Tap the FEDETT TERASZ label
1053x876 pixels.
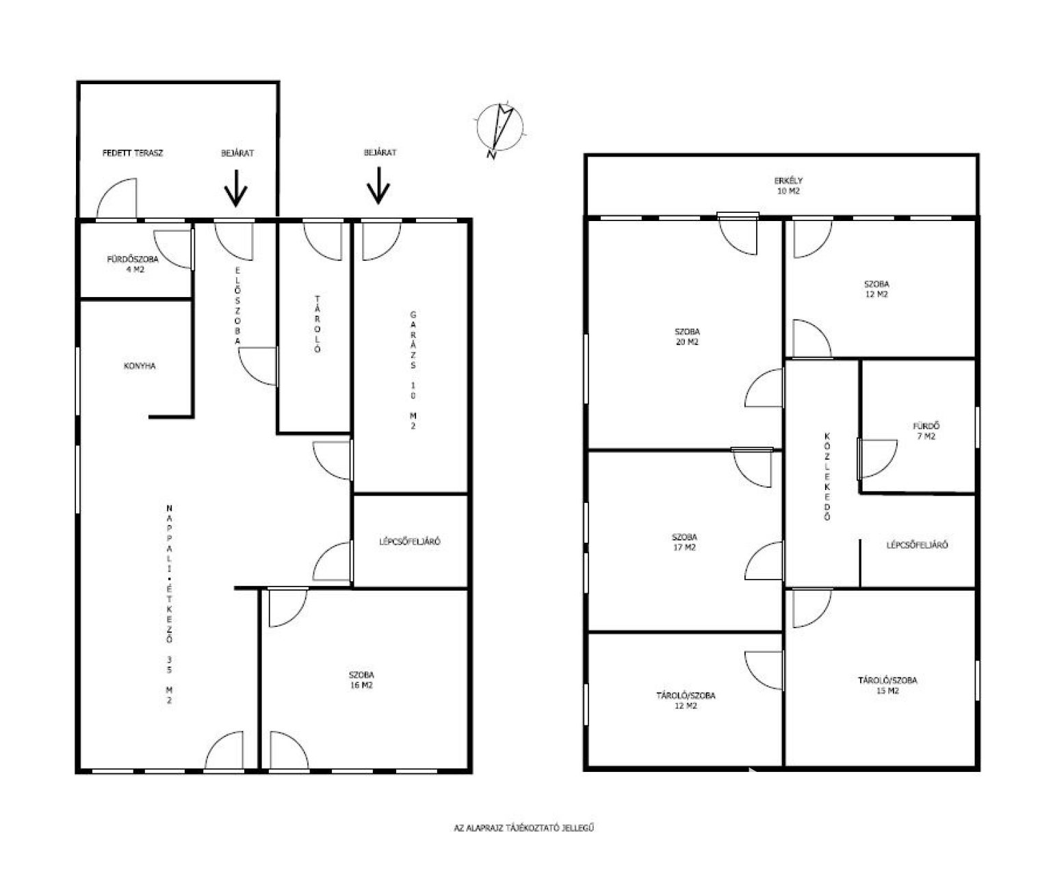133,153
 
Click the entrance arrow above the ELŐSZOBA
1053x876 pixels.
235,188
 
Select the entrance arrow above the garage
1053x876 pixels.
378,185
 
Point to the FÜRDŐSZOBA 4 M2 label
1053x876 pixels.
133,264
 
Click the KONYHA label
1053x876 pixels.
140,366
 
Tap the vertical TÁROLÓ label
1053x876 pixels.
317,324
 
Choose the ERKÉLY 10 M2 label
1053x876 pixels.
788,185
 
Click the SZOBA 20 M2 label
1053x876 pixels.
687,337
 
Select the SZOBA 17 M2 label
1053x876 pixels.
684,542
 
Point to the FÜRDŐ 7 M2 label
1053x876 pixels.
926,431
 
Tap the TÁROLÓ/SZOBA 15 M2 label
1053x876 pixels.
887,685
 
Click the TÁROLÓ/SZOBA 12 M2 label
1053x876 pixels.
686,700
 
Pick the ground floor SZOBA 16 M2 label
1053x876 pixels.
361,680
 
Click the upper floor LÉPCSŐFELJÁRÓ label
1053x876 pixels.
918,545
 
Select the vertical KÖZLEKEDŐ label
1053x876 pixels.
827,476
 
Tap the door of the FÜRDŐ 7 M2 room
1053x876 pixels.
877,459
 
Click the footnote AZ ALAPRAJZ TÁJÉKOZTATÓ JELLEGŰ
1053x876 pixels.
524,828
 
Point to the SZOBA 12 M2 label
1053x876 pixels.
876,289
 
